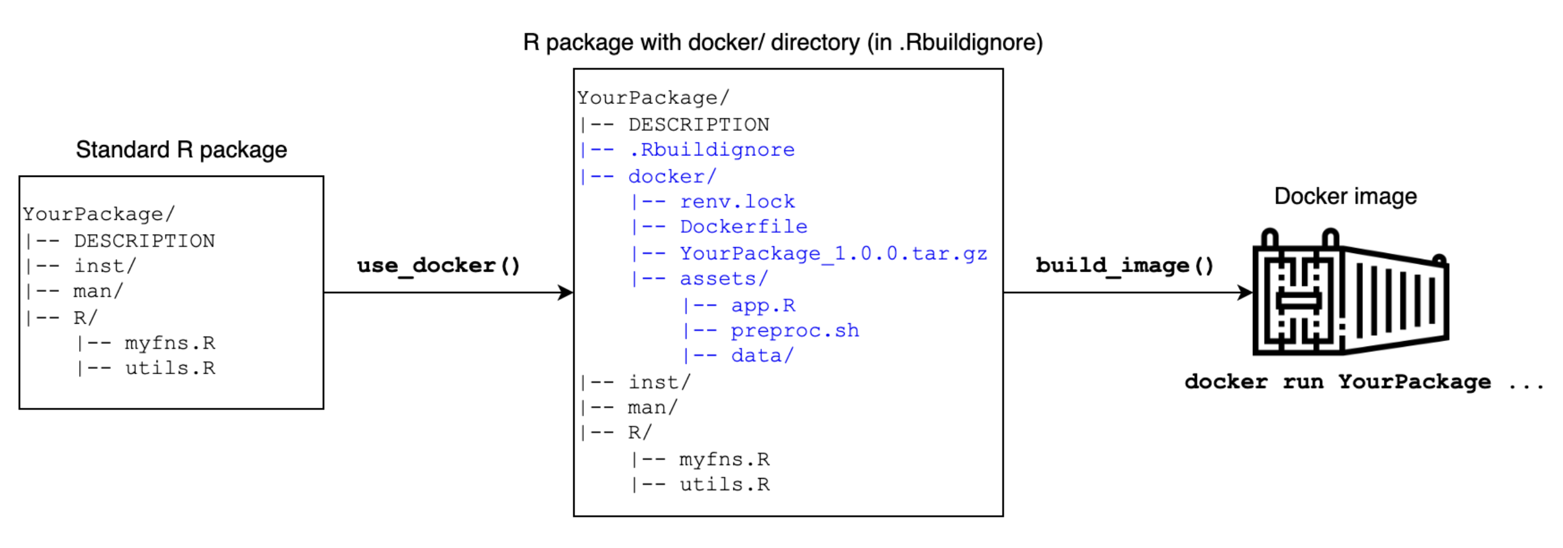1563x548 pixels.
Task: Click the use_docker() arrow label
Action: [x=438, y=266]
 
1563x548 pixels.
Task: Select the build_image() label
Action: [x=1124, y=266]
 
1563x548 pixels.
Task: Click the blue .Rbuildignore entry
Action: [x=712, y=150]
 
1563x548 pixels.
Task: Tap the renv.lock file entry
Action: [x=737, y=202]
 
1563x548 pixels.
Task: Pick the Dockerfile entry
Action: [x=743, y=227]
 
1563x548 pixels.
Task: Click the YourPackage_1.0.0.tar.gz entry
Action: [x=833, y=254]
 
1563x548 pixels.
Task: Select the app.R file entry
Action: [x=763, y=305]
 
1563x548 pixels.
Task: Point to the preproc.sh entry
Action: [x=794, y=331]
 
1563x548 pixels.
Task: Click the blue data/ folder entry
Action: [x=762, y=356]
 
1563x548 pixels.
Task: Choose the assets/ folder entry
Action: [x=723, y=280]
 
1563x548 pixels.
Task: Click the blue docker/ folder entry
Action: [x=672, y=177]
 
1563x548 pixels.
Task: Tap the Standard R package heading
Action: [x=181, y=150]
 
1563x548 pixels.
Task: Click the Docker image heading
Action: [x=1345, y=197]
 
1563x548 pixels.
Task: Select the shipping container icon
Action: [x=1351, y=293]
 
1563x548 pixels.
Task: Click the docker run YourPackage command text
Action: [x=1338, y=382]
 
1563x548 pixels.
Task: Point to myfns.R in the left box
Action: [x=170, y=343]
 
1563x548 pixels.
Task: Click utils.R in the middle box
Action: [x=724, y=485]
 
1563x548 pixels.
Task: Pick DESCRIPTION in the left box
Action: [x=144, y=241]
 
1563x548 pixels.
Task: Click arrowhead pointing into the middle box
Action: [x=566, y=293]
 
